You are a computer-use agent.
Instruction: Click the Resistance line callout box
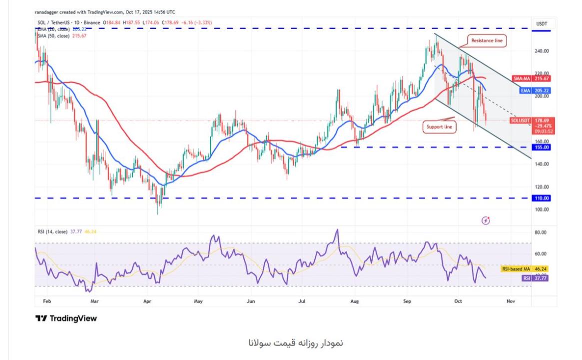coord(487,40)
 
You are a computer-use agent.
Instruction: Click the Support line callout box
coord(440,127)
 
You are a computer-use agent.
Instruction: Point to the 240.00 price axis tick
coord(543,51)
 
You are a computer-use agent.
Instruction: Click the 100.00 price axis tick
coord(543,209)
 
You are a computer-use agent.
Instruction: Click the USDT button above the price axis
coord(542,23)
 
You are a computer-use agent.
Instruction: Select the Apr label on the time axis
coord(147,302)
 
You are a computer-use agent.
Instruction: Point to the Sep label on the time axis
coord(408,302)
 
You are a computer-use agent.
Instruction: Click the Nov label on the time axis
coord(511,302)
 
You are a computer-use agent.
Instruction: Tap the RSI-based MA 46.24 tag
coord(524,268)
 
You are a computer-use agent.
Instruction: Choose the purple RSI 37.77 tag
coord(534,277)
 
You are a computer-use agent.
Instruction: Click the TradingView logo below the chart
coord(66,318)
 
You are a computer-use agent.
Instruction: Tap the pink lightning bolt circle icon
coord(485,220)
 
